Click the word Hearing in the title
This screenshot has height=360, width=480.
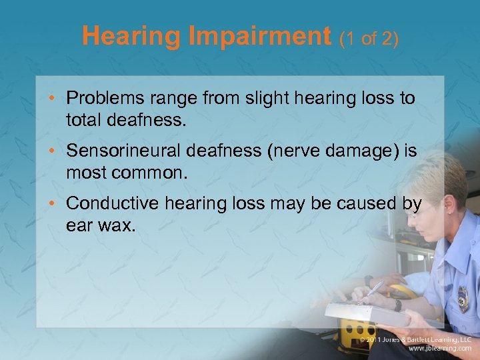coord(132,36)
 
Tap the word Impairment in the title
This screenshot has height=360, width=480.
coord(261,36)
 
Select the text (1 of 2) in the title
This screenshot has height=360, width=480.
coord(369,38)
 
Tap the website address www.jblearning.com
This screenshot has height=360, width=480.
coord(440,348)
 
